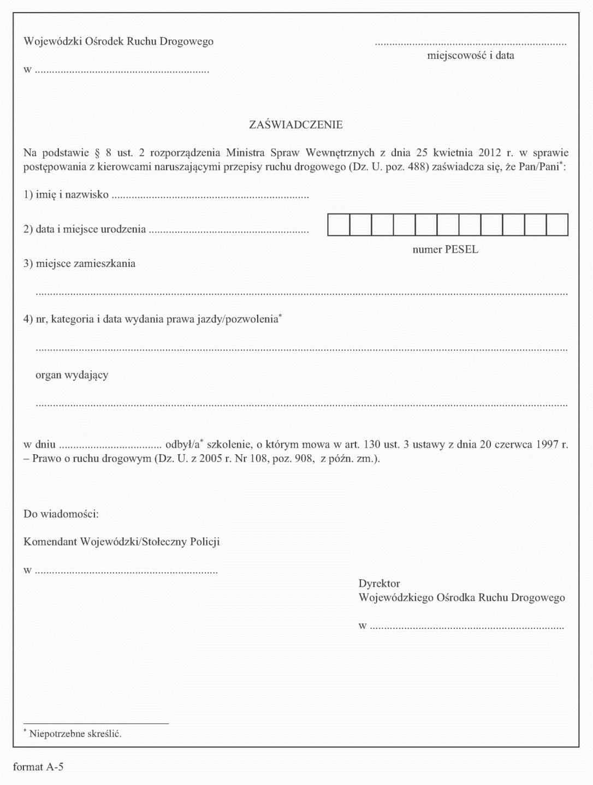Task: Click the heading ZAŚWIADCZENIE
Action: [x=296, y=125]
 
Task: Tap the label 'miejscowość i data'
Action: [x=470, y=56]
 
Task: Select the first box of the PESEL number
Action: [x=339, y=225]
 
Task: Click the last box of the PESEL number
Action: [x=557, y=225]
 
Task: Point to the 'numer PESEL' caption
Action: [x=445, y=250]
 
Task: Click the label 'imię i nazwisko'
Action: [x=72, y=195]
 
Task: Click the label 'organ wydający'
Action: [x=72, y=375]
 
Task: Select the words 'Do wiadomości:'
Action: [x=61, y=514]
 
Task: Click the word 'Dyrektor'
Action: [x=379, y=584]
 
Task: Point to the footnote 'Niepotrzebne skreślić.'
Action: [x=75, y=734]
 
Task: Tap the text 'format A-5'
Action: [x=38, y=768]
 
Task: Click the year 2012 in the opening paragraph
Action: [x=489, y=153]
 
